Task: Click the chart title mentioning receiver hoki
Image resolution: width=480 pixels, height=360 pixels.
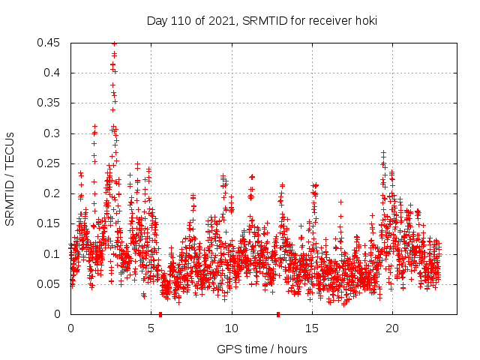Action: (261, 21)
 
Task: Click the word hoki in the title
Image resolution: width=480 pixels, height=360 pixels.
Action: (364, 21)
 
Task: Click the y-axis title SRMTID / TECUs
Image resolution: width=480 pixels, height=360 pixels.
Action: (10, 178)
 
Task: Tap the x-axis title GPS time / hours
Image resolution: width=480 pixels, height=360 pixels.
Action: (262, 349)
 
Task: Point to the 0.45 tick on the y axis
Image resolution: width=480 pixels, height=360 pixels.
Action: (49, 43)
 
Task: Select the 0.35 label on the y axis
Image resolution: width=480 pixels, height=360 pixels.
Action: (49, 103)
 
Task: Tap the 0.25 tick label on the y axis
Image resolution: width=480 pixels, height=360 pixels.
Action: (49, 163)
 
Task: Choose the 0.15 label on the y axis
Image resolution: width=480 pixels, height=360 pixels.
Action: (49, 223)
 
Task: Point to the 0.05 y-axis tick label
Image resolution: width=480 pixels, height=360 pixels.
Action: (49, 284)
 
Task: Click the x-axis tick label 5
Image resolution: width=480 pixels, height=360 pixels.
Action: (151, 328)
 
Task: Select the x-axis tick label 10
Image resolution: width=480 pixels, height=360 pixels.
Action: (232, 328)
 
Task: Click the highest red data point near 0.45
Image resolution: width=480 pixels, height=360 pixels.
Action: (114, 43)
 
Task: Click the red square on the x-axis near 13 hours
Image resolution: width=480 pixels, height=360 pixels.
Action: (278, 314)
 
